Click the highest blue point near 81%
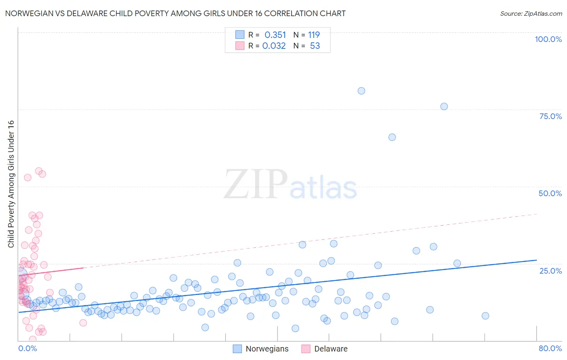point(361,91)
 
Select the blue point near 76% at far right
point(444,107)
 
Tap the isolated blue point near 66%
point(392,137)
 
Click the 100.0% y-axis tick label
point(548,39)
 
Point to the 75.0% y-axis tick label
point(550,116)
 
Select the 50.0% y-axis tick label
point(550,193)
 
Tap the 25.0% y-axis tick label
point(550,271)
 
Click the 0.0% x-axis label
point(27,348)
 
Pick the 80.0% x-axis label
point(550,348)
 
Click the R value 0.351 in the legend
point(275,35)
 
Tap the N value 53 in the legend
point(315,46)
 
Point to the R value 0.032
point(274,46)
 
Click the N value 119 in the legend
point(314,35)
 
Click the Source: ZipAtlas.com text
point(531,14)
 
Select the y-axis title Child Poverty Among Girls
point(11,184)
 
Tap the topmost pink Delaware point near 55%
point(39,171)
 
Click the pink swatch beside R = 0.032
point(240,46)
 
